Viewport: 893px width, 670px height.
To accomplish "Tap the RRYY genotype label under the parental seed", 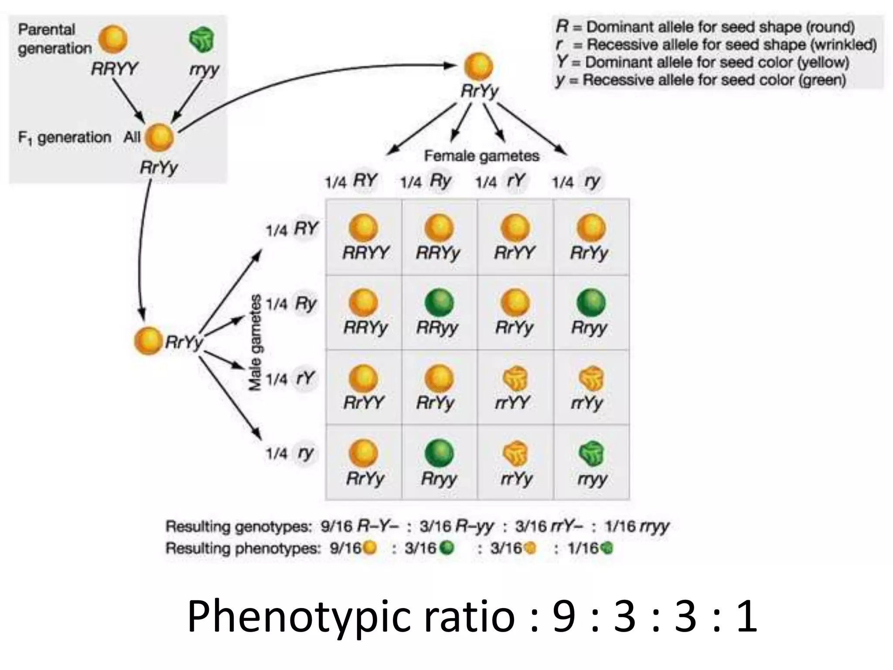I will click(114, 69).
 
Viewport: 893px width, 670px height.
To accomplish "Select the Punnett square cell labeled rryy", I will click(591, 462).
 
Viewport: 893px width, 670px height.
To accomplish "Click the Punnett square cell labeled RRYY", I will click(364, 238).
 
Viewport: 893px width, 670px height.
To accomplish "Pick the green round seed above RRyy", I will click(439, 303).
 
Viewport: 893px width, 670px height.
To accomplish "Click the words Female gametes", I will click(481, 156).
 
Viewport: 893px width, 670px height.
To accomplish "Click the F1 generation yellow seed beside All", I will click(159, 137).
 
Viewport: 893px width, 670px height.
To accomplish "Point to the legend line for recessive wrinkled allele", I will click(716, 45).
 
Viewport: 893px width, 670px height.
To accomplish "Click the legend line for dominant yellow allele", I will click(702, 62).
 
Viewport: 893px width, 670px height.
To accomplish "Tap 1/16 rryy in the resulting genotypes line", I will click(636, 526).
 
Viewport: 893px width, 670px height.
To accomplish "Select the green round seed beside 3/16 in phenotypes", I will click(446, 548).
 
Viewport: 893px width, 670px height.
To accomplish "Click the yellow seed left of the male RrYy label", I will click(148, 341).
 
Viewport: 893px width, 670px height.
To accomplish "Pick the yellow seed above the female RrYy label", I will click(478, 67).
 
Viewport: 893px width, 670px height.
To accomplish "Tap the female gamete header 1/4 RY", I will click(351, 181).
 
